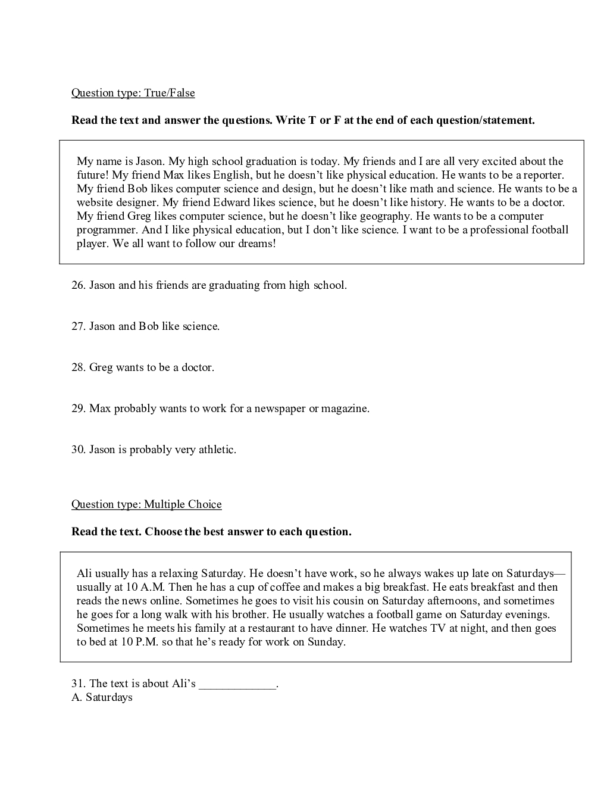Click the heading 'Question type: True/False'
pyautogui.click(x=133, y=93)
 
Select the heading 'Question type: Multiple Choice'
pyautogui.click(x=146, y=504)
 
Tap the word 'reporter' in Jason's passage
pyautogui.click(x=543, y=175)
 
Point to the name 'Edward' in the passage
pyautogui.click(x=231, y=202)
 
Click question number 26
pyautogui.click(x=78, y=285)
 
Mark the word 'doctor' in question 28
pyautogui.click(x=197, y=367)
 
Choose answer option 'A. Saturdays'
pyautogui.click(x=102, y=697)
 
